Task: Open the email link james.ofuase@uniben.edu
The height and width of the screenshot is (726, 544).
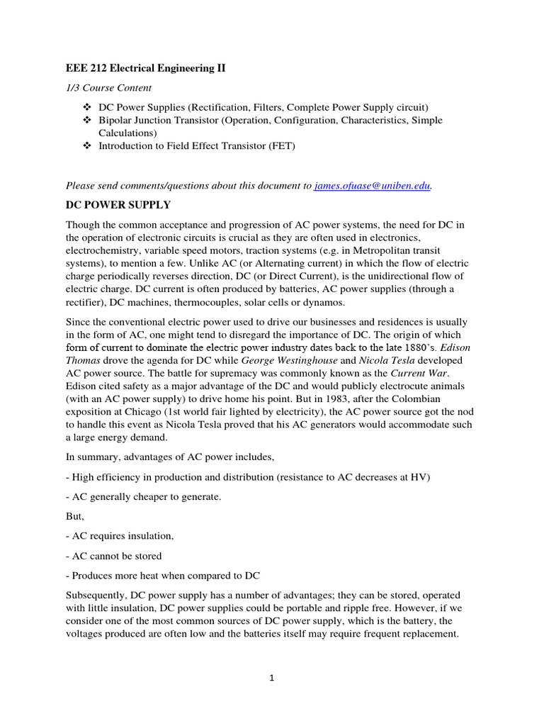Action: click(x=372, y=186)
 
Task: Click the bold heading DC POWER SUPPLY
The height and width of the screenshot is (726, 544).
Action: click(x=118, y=205)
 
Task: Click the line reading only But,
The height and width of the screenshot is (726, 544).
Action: click(x=75, y=517)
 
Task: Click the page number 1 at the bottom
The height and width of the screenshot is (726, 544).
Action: click(x=272, y=678)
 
